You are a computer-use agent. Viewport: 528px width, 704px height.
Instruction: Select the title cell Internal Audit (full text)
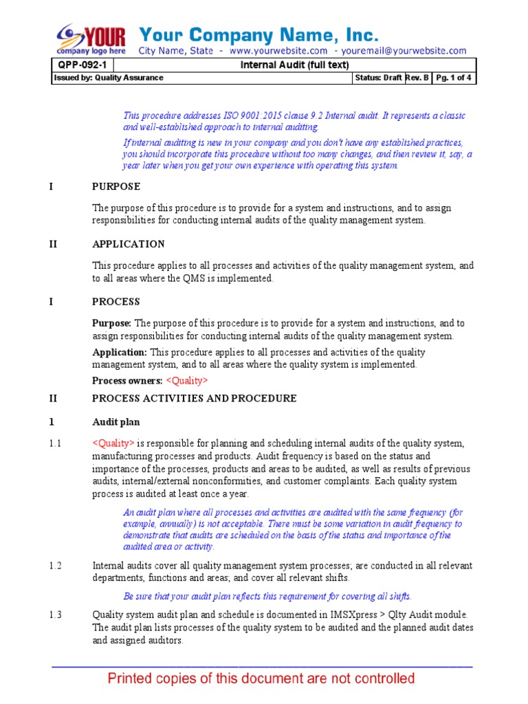pyautogui.click(x=294, y=65)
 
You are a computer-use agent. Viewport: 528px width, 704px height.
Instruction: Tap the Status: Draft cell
pyautogui.click(x=378, y=78)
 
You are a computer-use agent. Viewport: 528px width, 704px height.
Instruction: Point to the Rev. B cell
pyautogui.click(x=418, y=78)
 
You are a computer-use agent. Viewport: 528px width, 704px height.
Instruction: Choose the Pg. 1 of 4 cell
pyautogui.click(x=454, y=78)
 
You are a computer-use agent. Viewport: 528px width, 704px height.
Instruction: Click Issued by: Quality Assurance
pyautogui.click(x=109, y=78)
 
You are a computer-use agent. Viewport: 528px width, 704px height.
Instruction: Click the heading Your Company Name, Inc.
pyautogui.click(x=258, y=34)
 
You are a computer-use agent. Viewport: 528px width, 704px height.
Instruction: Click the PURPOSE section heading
pyautogui.click(x=116, y=186)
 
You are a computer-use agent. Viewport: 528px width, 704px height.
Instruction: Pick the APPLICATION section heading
pyautogui.click(x=129, y=244)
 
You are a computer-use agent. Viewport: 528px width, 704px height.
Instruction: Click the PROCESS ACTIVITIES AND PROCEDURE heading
pyautogui.click(x=195, y=398)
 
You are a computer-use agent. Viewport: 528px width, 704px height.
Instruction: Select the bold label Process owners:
pyautogui.click(x=127, y=381)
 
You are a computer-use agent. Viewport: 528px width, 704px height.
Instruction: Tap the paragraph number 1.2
pyautogui.click(x=56, y=565)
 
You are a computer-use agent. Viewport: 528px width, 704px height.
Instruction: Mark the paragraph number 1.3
pyautogui.click(x=56, y=615)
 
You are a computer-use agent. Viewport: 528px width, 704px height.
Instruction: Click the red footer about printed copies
pyautogui.click(x=261, y=679)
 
